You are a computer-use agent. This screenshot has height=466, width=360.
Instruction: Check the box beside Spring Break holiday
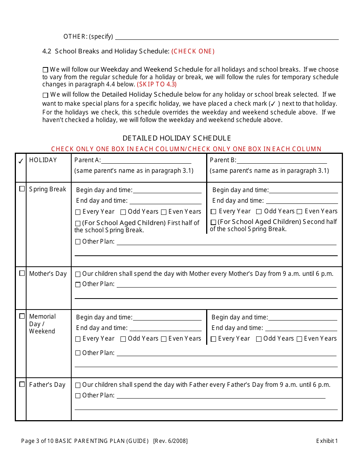(x=22, y=189)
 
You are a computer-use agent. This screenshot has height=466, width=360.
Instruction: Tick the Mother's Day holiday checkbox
(x=22, y=273)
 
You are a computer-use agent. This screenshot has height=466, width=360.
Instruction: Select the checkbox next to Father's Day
(x=22, y=384)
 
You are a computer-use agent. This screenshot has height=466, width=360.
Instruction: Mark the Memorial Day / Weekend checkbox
(x=22, y=316)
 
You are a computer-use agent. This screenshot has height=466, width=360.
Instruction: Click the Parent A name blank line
(x=152, y=161)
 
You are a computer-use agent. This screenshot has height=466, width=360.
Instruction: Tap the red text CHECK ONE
(x=193, y=51)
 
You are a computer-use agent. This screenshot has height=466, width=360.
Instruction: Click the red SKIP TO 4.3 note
(x=157, y=84)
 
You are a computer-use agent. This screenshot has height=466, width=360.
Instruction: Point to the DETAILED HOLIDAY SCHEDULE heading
(x=177, y=138)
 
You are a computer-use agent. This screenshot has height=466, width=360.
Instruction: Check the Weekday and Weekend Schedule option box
(x=45, y=70)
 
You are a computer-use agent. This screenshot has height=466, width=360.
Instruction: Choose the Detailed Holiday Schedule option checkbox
(x=45, y=95)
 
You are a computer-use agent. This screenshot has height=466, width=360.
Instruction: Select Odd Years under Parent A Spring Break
(x=123, y=212)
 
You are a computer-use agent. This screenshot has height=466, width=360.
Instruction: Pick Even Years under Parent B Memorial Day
(x=299, y=339)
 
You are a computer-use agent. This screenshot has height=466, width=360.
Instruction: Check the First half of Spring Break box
(x=78, y=224)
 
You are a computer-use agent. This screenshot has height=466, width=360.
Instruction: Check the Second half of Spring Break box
(x=213, y=222)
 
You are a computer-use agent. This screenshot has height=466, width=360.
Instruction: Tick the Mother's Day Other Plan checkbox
(x=78, y=285)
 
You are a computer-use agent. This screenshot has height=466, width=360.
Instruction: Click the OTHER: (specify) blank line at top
(x=227, y=37)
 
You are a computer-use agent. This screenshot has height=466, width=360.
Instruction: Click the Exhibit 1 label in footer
(x=327, y=441)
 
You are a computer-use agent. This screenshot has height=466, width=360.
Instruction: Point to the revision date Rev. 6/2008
(x=170, y=441)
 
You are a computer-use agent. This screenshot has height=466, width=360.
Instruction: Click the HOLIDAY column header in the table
(x=43, y=160)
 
